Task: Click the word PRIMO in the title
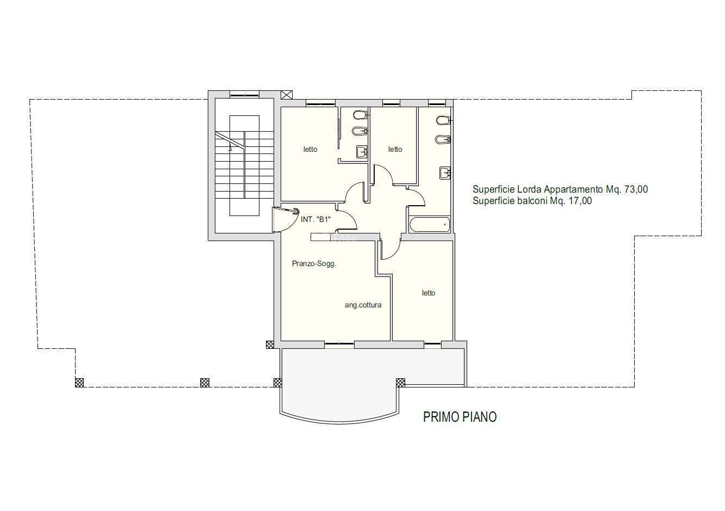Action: [439, 417]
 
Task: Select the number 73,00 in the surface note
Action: [636, 189]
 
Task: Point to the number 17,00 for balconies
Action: [580, 201]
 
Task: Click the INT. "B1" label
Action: [315, 219]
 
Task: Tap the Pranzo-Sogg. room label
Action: [314, 264]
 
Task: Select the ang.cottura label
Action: [363, 305]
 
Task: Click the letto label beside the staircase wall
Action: [310, 149]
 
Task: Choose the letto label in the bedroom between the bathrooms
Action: [395, 149]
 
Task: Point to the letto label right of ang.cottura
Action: [429, 293]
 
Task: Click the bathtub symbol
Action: [430, 225]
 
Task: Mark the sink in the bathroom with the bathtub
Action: [445, 173]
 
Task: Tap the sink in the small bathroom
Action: [362, 151]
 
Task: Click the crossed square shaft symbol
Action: [287, 95]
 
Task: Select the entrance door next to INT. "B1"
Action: [286, 219]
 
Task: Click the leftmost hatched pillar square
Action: [79, 383]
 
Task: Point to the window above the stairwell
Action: [244, 95]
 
